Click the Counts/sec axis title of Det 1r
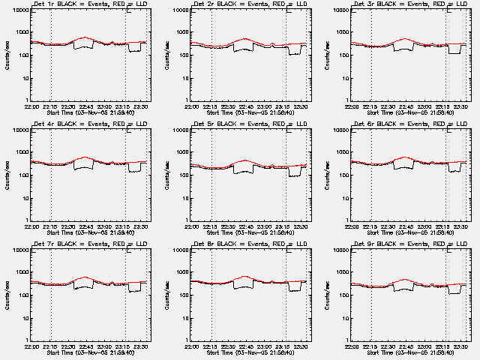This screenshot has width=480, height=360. (x=7, y=55)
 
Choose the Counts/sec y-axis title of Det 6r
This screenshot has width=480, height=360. (x=328, y=175)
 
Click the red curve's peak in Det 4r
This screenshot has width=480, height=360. (x=85, y=157)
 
